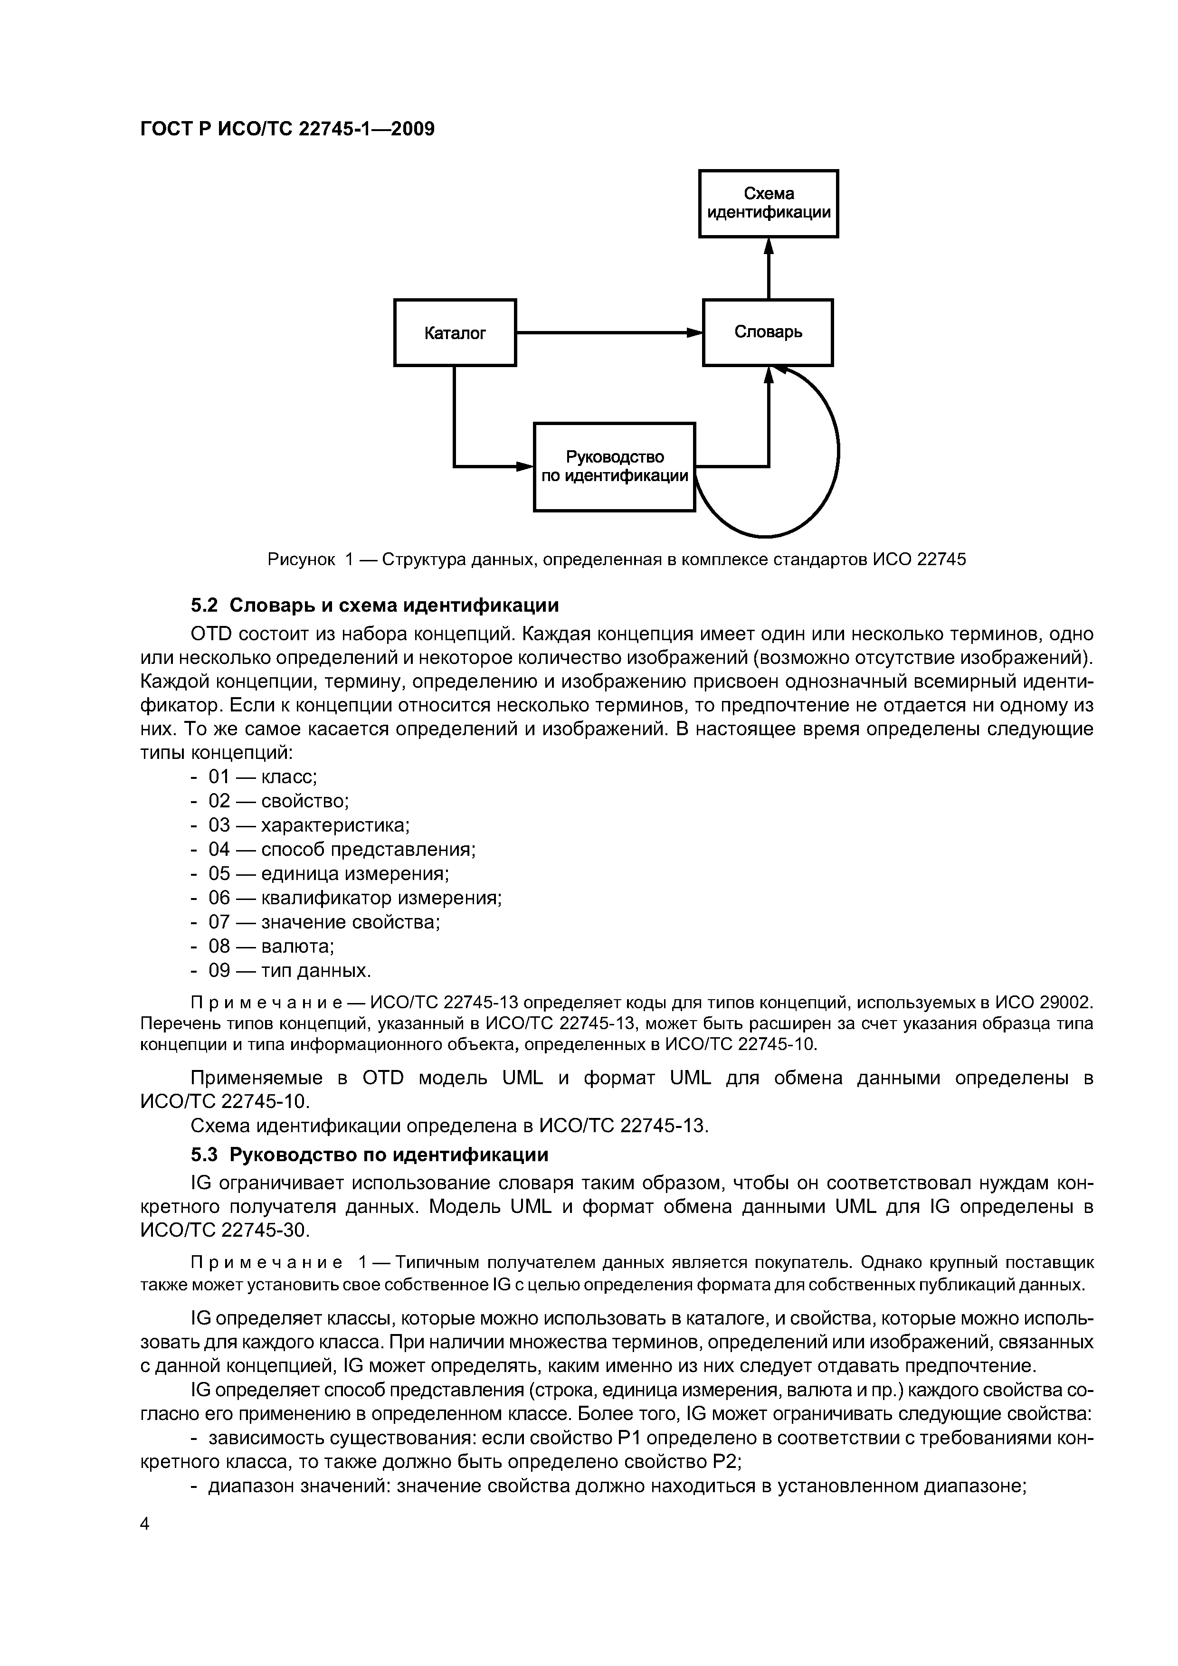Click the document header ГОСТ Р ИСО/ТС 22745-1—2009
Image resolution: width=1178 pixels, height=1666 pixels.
coord(287,129)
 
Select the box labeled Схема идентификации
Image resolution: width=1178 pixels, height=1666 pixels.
coord(768,204)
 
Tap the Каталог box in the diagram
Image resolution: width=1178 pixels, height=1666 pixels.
coord(455,333)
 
